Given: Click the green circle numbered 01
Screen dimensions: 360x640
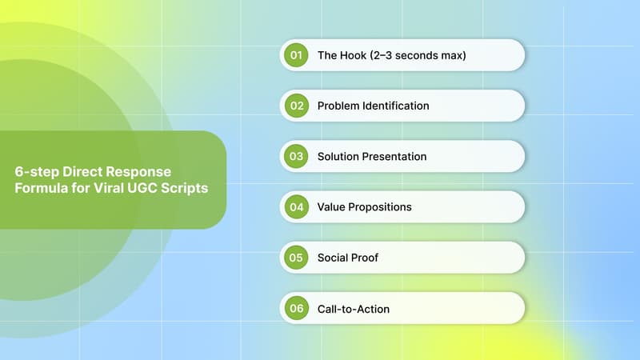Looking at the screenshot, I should [x=296, y=55].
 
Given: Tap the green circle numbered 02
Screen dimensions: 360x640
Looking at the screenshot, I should [x=296, y=106].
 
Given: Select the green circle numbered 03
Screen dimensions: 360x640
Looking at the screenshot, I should [x=296, y=156].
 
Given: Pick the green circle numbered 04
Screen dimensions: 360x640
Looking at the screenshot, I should [x=296, y=206].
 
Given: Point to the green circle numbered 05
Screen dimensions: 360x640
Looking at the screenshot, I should [x=296, y=258].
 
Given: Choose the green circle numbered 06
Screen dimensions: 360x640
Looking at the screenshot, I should [x=296, y=308].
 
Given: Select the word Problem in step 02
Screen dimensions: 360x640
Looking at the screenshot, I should [x=338, y=106].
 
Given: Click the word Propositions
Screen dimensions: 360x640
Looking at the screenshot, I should [x=381, y=206].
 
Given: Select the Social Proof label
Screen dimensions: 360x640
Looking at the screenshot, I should [x=348, y=258].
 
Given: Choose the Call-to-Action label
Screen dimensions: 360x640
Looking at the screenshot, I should [x=354, y=308].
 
